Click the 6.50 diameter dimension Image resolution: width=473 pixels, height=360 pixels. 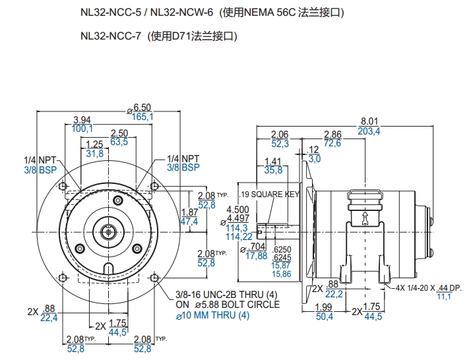tap(142, 107)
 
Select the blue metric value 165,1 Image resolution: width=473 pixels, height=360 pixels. tap(142, 117)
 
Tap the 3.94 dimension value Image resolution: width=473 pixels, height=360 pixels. tap(82, 120)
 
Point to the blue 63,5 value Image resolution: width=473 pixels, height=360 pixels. tap(119, 141)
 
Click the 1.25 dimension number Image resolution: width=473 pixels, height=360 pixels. tap(95, 144)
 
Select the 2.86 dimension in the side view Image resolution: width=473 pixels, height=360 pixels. tap(332, 134)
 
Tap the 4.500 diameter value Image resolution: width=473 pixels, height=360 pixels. tap(238, 210)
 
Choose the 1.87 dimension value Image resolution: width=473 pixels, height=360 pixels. tap(189, 212)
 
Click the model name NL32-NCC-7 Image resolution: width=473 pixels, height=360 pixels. tap(111, 37)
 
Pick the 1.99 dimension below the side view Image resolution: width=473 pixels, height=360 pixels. tap(323, 308)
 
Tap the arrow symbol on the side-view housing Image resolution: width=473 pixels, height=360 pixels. tap(363, 217)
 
